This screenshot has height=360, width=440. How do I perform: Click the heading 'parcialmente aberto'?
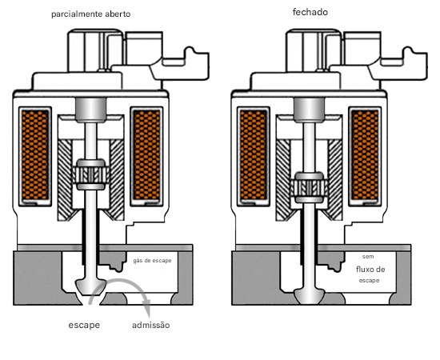click(x=91, y=14)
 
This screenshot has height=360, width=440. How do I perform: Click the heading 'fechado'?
click(x=310, y=12)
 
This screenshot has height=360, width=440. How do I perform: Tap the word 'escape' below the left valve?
click(x=84, y=326)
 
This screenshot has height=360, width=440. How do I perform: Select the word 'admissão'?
click(x=151, y=326)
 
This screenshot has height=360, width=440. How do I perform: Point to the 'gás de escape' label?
click(x=152, y=261)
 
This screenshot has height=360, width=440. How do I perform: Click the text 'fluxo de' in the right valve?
click(x=370, y=270)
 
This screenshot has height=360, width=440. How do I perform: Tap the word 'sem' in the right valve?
click(x=368, y=257)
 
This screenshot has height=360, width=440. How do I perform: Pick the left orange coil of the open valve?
click(x=35, y=155)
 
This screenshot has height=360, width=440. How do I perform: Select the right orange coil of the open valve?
click(x=146, y=155)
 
